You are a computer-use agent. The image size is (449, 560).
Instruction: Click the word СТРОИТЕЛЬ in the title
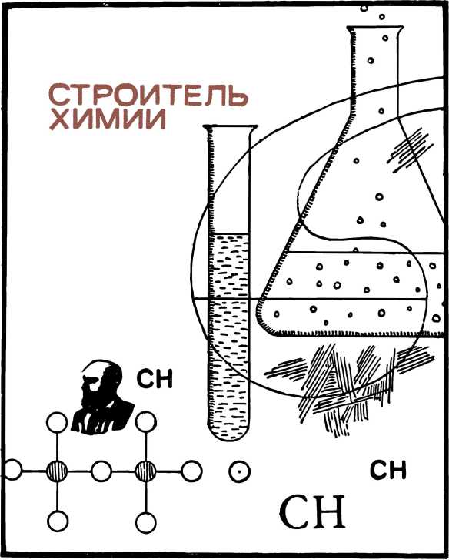point(148,96)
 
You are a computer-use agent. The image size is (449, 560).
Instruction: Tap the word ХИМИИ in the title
point(108,119)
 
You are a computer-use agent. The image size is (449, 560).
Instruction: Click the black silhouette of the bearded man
point(102,397)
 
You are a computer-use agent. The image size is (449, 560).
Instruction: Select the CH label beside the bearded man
point(155,379)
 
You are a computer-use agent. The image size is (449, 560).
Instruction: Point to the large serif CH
point(312,513)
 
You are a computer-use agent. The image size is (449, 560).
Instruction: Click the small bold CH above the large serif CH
point(388,470)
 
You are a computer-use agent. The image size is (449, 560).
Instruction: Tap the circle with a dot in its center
point(239,471)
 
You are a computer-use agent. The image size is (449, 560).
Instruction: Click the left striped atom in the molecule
point(57,471)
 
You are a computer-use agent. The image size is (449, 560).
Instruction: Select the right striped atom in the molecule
point(146,471)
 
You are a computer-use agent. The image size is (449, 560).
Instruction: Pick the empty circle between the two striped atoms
point(101,471)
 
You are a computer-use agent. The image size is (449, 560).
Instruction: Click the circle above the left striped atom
point(57,422)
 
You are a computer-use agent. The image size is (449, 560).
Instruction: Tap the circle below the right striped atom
point(146,523)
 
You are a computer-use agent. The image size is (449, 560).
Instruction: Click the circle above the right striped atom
point(146,421)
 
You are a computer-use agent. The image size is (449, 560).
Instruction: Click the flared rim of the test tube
point(230,127)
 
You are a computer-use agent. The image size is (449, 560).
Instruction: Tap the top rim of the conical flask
point(375,28)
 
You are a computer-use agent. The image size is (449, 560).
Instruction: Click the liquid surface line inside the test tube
point(229,233)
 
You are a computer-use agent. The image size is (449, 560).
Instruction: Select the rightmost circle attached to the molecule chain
point(191,471)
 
